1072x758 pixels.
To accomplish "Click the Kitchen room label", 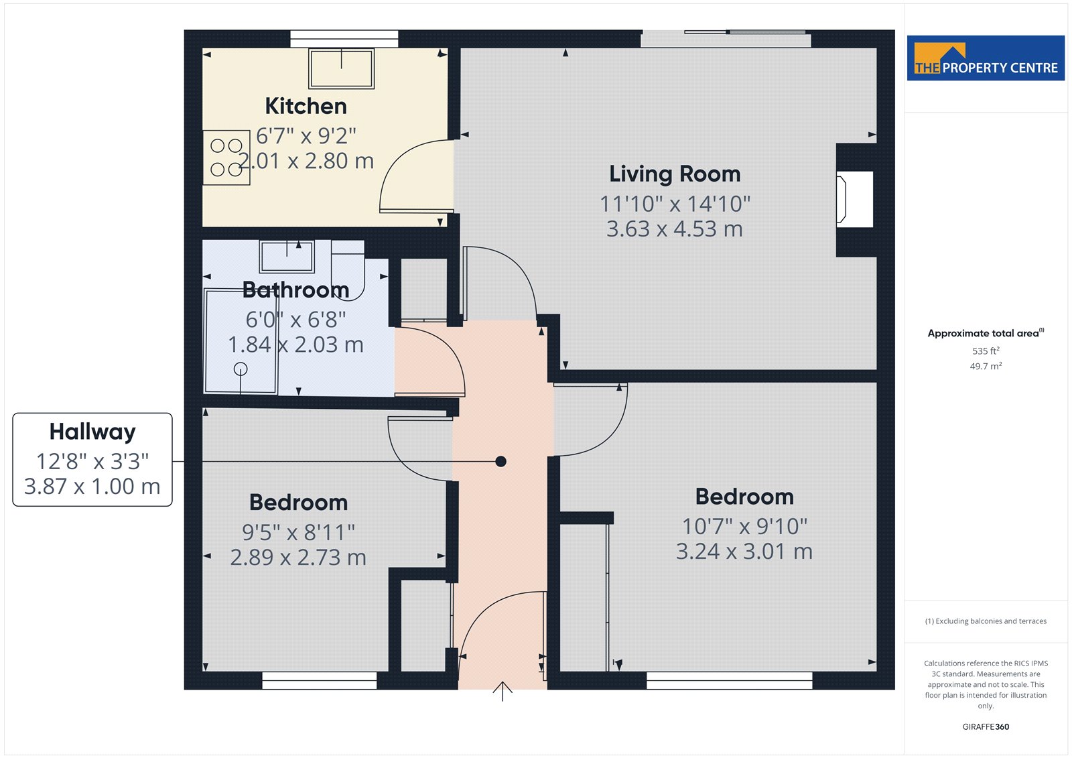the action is click(306, 106).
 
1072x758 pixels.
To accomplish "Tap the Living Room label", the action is click(675, 174).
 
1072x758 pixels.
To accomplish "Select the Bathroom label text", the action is click(295, 290).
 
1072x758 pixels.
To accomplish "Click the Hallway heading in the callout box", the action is click(92, 432).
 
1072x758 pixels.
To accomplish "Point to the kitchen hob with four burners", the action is click(226, 157).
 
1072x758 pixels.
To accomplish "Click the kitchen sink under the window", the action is click(341, 68).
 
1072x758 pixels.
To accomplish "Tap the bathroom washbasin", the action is click(287, 256).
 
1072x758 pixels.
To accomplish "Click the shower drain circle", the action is click(241, 369).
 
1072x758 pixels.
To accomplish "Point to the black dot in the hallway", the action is click(500, 462).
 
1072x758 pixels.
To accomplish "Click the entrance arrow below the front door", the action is click(503, 691).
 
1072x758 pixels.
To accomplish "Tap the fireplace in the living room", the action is click(855, 200).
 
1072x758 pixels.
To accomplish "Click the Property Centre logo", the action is click(986, 58).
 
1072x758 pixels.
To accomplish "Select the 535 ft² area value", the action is click(986, 351).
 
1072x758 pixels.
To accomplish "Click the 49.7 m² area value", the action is click(986, 366).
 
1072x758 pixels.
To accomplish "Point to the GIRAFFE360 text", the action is click(986, 727).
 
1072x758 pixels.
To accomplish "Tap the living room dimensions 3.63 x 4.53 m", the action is click(675, 229).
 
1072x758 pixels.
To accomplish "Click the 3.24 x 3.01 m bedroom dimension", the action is click(744, 552).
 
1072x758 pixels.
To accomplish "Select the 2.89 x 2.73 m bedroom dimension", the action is click(298, 558).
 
